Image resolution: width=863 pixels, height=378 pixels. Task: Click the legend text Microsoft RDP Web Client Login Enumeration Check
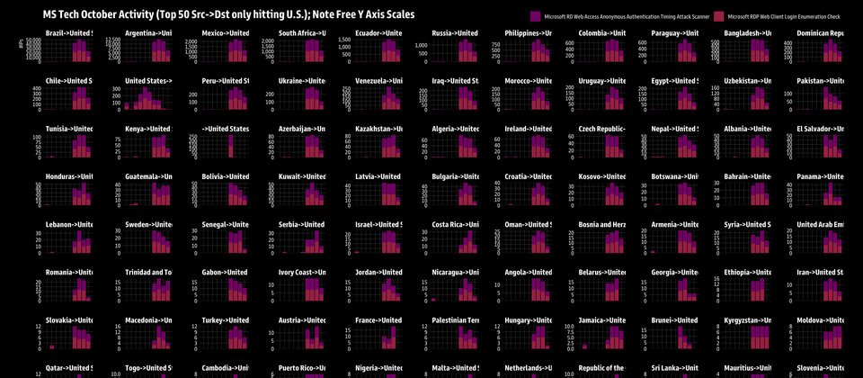pos(783,16)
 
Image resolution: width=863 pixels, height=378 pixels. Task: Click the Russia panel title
pos(454,33)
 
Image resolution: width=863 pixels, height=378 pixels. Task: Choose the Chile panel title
pos(68,81)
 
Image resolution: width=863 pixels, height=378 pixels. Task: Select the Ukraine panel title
pos(301,81)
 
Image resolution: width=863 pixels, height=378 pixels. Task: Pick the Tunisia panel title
pos(68,129)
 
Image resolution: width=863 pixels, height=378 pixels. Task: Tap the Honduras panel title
pos(68,176)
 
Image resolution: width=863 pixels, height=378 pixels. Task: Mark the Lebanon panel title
pos(68,224)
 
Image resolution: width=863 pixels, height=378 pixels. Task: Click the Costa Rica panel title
pos(454,224)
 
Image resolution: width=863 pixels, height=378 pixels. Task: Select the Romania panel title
pos(68,272)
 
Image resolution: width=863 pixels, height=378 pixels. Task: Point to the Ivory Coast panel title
pos(301,272)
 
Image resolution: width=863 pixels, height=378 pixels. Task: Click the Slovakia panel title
pos(68,319)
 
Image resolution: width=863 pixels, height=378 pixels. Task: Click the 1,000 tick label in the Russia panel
pos(420,45)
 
